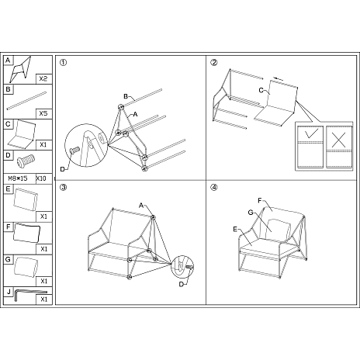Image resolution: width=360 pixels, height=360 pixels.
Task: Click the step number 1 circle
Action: click(63, 62)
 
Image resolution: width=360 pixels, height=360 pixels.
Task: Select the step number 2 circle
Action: click(213, 62)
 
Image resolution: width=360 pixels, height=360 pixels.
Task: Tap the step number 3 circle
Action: click(63, 187)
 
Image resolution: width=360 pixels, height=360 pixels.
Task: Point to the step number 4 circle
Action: click(213, 187)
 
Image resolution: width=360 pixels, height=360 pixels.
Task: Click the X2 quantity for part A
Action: click(43, 78)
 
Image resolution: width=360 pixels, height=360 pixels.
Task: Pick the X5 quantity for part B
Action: click(43, 113)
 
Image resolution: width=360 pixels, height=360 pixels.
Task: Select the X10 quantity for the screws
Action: click(41, 178)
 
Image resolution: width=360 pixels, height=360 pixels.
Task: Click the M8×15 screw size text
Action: click(18, 178)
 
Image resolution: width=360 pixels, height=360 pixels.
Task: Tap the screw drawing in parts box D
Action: click(26, 160)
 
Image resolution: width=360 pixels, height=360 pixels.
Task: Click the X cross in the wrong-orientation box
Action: click(338, 140)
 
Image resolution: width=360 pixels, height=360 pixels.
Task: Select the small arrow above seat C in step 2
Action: click(279, 78)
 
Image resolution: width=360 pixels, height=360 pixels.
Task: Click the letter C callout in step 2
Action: click(261, 90)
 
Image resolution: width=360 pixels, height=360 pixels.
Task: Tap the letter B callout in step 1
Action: click(126, 97)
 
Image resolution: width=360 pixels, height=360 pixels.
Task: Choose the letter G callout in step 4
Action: click(251, 213)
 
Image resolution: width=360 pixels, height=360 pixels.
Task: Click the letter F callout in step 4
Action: click(260, 201)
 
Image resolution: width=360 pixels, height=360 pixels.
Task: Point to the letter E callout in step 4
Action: click(235, 229)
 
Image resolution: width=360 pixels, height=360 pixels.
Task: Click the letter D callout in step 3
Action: click(182, 284)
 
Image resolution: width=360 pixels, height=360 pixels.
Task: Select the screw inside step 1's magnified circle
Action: click(74, 150)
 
